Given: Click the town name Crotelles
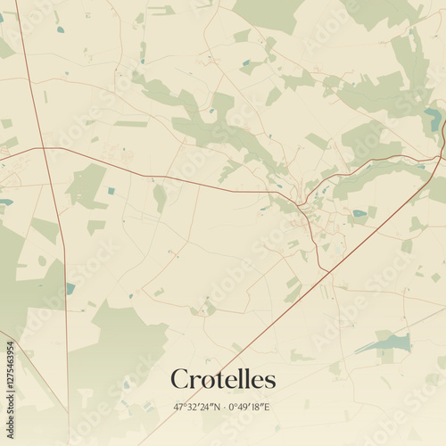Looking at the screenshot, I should tap(223, 379).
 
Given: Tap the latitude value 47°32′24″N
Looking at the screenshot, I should tap(196, 408).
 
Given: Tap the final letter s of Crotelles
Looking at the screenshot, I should tap(270, 381).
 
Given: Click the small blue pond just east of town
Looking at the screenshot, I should tap(359, 213).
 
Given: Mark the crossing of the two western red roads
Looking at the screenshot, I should tap(40, 147).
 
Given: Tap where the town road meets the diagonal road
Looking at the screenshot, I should tap(327, 270).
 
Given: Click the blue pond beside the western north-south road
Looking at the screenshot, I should tap(70, 288).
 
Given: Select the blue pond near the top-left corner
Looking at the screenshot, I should tap(61, 29).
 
